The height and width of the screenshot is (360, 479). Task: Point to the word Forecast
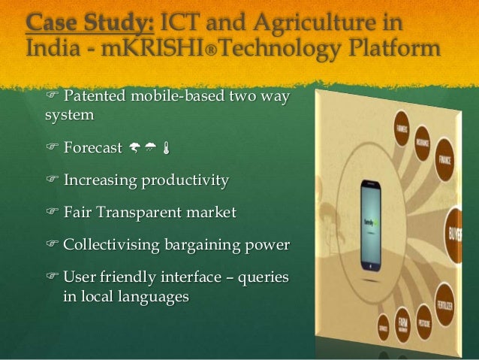[x=92, y=147]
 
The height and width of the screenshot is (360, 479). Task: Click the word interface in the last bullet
[x=198, y=277]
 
